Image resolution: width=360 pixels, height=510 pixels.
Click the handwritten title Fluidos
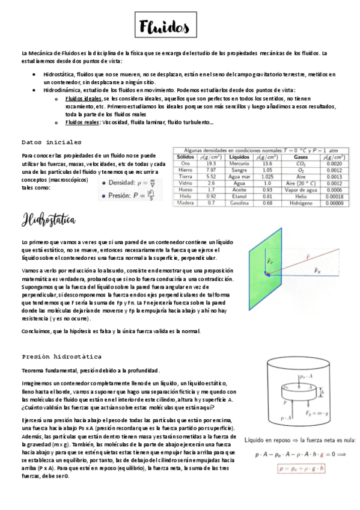[x=163, y=27]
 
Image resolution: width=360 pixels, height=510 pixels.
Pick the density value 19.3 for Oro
[x=211, y=164]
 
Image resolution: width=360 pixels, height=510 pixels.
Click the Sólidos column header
[x=186, y=157]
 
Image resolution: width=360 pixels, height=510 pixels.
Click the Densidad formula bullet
[x=129, y=182]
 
